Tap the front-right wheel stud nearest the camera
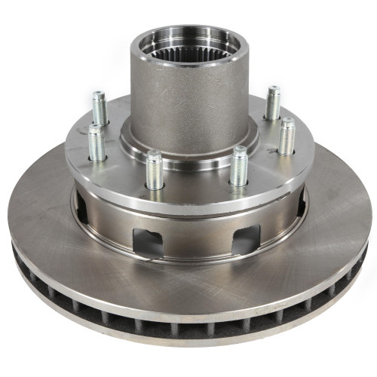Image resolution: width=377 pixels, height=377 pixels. coord(239,166)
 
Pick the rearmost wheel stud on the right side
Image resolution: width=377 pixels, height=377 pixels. coord(272,103)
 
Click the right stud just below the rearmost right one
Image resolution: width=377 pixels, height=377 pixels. coord(286,136)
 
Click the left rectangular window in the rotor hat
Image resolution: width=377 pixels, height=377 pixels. coord(148,242)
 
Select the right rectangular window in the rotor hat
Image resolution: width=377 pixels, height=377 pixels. coord(246,239)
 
